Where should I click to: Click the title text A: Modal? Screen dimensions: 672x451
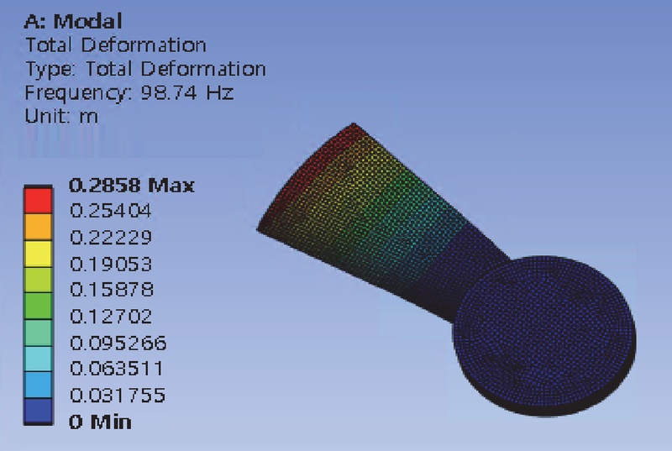click(x=73, y=21)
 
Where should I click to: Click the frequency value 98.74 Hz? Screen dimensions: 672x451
click(x=187, y=92)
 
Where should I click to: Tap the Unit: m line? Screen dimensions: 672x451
click(x=61, y=116)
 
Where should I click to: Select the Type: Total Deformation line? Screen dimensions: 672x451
click(x=145, y=69)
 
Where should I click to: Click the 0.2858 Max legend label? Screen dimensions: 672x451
click(x=132, y=186)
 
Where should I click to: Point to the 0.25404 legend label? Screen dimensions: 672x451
click(x=111, y=211)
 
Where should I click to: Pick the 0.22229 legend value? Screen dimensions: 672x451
click(x=111, y=238)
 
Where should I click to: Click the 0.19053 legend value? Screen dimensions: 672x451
click(x=111, y=264)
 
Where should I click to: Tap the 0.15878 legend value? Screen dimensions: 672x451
click(x=111, y=290)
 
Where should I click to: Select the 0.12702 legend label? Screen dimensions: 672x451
click(x=111, y=317)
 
